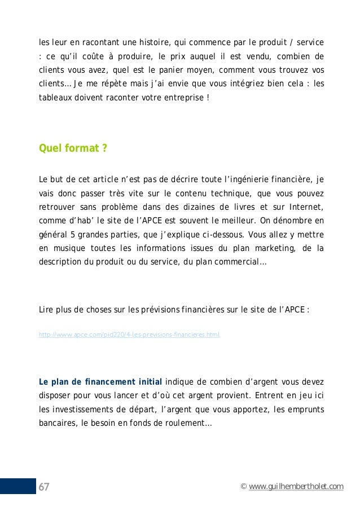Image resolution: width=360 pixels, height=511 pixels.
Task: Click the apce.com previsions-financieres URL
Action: click(x=129, y=334)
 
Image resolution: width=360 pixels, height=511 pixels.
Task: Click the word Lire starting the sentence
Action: click(x=45, y=310)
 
